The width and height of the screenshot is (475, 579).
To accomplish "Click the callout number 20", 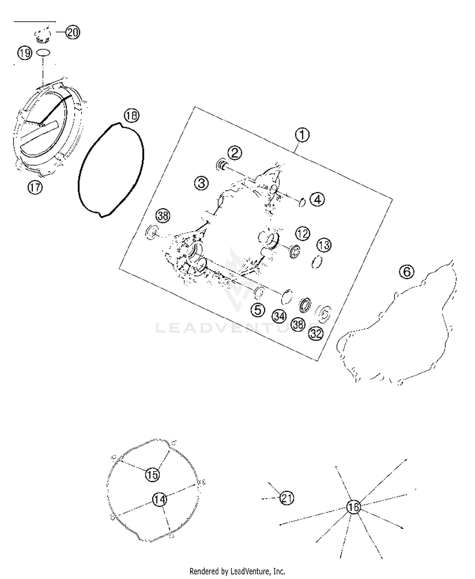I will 73,32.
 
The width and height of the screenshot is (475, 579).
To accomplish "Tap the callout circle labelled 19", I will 25,53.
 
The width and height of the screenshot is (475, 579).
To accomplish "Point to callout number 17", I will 35,188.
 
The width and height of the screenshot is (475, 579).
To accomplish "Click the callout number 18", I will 131,116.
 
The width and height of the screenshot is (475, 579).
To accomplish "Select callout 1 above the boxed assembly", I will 302,135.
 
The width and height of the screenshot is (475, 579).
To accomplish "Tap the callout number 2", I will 234,153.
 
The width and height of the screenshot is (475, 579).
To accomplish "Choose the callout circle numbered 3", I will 201,183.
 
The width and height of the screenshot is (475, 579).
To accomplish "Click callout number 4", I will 317,200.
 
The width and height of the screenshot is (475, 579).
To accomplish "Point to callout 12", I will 302,234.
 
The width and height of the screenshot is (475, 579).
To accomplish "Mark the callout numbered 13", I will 324,245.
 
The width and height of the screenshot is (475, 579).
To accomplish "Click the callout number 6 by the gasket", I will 407,272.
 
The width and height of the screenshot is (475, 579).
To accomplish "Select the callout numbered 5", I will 258,310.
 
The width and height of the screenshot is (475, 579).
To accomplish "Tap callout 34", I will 279,316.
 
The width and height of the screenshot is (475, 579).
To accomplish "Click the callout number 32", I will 316,334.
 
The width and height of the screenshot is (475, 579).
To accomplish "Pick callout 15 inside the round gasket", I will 152,475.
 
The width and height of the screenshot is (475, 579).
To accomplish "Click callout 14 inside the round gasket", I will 160,499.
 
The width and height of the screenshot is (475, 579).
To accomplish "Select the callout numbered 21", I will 287,498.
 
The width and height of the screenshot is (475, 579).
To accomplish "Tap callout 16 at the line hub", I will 353,507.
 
